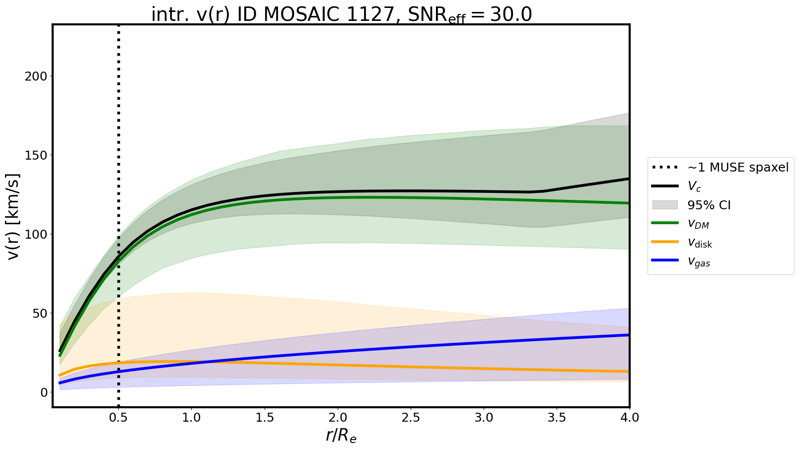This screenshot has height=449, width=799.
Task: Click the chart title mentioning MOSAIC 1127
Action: click(x=341, y=15)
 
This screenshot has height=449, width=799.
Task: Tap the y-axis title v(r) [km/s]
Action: click(x=14, y=216)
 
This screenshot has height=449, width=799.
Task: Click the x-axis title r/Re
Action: click(x=341, y=436)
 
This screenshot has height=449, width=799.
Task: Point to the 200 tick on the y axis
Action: click(x=37, y=76)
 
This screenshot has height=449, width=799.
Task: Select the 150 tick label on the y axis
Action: click(x=37, y=155)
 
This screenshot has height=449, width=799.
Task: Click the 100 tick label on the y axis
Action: click(x=37, y=234)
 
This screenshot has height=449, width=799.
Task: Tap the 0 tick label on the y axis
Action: click(x=44, y=392)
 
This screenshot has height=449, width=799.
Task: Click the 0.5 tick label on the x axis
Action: click(x=119, y=418)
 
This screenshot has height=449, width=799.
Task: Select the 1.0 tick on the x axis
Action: click(x=192, y=418)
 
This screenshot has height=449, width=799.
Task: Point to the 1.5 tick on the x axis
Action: click(x=265, y=418)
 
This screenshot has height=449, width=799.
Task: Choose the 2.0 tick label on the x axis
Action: click(x=338, y=418)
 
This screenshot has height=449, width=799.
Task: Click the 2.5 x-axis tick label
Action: click(x=411, y=418)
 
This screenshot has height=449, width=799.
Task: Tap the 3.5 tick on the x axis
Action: click(x=557, y=418)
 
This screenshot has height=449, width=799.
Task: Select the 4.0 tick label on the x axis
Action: click(x=629, y=418)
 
